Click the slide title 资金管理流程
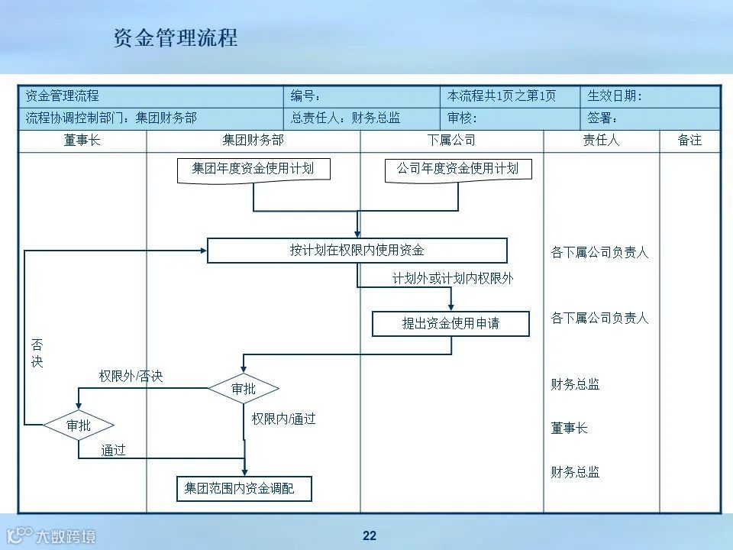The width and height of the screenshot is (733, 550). coord(175,38)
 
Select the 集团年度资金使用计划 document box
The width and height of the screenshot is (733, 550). coord(253,169)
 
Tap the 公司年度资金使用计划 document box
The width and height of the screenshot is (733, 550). coord(457,169)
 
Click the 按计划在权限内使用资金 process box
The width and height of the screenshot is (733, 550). coord(357,251)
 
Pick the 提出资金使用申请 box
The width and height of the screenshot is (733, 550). coord(450,324)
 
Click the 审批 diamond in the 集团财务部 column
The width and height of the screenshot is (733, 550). coord(244,389)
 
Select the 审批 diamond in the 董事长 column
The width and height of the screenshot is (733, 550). coord(79,425)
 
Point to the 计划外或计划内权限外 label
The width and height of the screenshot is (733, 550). coord(453,279)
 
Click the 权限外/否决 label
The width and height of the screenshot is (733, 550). coord(131,376)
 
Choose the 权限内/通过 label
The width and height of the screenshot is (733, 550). coord(283,419)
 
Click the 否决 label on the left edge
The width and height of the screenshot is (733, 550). coord(37,354)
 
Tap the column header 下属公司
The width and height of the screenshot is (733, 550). coord(451,141)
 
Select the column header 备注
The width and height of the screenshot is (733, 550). coord(689,141)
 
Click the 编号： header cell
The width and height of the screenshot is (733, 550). coord(306,96)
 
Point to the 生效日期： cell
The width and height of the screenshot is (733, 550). coord(615,96)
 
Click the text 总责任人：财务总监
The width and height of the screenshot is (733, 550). coord(345,118)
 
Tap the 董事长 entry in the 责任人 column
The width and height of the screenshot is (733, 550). coord(569,429)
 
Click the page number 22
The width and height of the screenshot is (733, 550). coord(370,535)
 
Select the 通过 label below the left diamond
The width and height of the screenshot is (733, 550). coord(114,451)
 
